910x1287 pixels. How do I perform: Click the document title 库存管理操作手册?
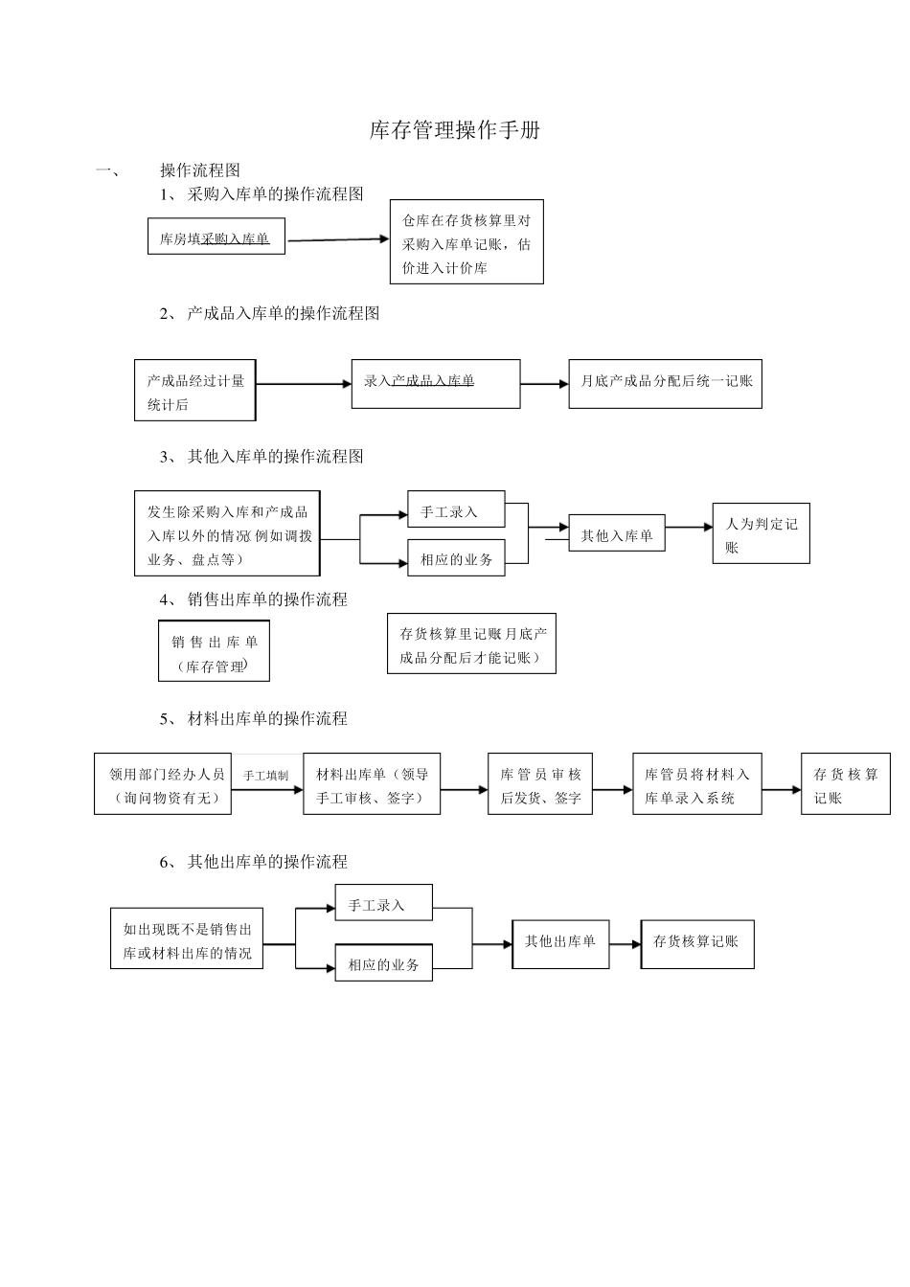(x=454, y=131)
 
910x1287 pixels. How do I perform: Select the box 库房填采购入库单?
(x=216, y=238)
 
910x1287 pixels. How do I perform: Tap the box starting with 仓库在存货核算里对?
(x=466, y=243)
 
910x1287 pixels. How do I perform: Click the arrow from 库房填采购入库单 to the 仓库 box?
(x=338, y=239)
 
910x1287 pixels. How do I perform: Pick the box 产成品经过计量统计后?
(x=195, y=392)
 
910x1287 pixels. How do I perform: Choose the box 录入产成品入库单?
(x=436, y=383)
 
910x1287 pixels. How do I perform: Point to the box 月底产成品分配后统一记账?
(x=665, y=383)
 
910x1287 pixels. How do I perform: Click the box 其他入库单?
(x=616, y=535)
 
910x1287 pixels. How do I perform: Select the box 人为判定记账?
(x=761, y=533)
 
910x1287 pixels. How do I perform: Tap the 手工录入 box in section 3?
(x=456, y=510)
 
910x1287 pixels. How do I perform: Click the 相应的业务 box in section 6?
(x=383, y=962)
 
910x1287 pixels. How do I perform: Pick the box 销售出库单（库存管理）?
(x=214, y=651)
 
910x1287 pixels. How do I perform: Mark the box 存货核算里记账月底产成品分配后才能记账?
(x=471, y=645)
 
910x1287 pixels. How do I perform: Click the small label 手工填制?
(x=265, y=775)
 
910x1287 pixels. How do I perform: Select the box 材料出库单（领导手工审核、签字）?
(x=372, y=784)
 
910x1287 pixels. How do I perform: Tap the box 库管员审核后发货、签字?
(x=540, y=784)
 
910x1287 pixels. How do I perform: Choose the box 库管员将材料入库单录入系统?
(x=696, y=784)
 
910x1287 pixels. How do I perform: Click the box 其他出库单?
(x=560, y=943)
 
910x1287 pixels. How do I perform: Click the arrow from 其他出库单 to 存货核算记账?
(x=625, y=943)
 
